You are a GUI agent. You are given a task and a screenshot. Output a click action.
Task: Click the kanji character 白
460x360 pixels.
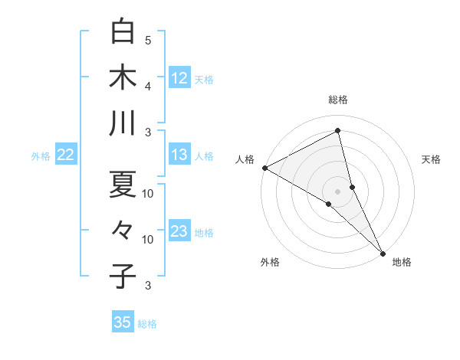123,32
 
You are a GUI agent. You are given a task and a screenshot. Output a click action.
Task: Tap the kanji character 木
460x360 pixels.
123,77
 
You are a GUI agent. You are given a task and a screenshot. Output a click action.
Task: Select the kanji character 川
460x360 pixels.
123,123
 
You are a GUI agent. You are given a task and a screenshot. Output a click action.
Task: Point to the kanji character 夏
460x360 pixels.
123,183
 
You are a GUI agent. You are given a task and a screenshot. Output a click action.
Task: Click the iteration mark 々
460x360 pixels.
123,230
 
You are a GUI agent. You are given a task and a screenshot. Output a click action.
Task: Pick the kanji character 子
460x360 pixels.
123,276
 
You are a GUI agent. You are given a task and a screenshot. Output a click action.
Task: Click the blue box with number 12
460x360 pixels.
179,77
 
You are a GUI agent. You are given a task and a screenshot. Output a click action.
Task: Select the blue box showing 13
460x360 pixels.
179,155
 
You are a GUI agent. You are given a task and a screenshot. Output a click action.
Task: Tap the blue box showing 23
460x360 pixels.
179,231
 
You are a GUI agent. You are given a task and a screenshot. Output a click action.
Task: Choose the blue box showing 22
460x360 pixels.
66,155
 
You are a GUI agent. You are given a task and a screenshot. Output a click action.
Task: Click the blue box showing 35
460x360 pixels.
123,322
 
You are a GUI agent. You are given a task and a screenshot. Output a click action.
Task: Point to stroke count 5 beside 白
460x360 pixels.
148,40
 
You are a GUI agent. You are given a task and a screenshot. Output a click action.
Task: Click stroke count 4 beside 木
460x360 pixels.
148,86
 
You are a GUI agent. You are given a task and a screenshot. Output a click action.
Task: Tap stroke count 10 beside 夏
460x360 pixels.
148,193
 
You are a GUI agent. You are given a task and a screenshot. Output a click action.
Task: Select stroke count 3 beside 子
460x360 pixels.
148,286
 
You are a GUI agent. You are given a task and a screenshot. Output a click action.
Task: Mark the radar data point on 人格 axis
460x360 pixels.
264,168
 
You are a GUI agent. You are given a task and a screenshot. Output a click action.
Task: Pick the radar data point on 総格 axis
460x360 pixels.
338,131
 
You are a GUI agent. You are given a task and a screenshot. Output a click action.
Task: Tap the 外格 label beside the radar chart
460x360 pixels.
270,263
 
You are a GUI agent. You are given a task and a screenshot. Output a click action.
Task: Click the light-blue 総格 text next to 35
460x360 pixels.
147,324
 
